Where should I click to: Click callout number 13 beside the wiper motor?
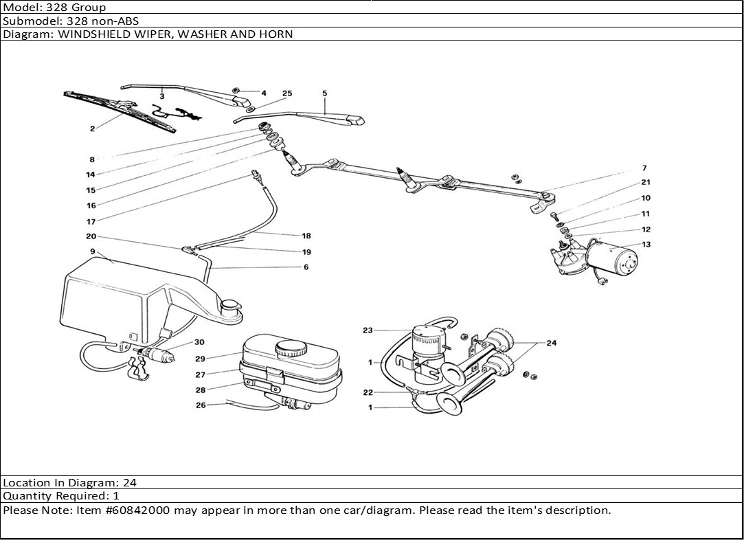pos(646,245)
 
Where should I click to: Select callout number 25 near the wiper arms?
pos(287,93)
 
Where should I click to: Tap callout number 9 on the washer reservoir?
pos(92,251)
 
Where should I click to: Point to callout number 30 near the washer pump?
pos(199,342)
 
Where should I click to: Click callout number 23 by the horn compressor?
pos(368,330)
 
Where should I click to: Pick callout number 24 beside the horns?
pos(552,344)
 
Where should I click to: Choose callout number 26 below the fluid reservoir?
pos(201,405)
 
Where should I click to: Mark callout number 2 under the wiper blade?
pos(92,128)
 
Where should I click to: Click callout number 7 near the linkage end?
pos(644,168)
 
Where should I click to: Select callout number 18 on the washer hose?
pos(306,236)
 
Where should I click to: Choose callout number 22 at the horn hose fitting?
pos(368,392)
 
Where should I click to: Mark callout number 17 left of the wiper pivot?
pos(91,221)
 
